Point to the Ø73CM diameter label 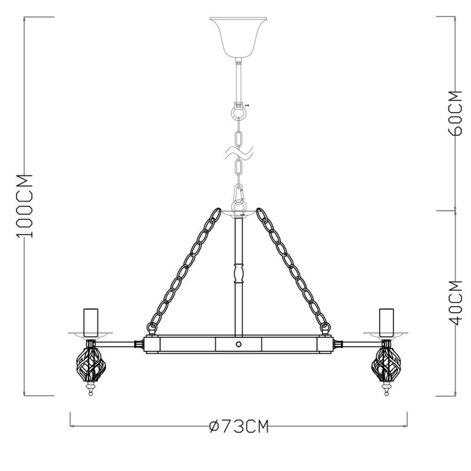pos(238,426)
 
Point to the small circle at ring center pos(238,344)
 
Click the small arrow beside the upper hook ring pos(247,105)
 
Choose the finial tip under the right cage pos(386,391)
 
